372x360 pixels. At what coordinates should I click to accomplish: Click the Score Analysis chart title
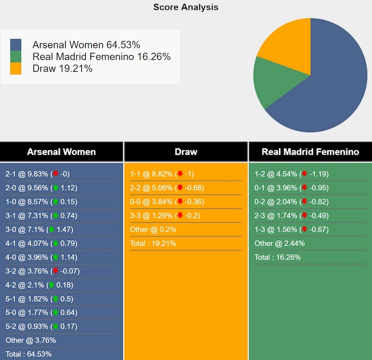click(185, 7)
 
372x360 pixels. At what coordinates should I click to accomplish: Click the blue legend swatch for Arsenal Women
click(16, 45)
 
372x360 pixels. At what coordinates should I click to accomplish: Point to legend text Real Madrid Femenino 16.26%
click(101, 57)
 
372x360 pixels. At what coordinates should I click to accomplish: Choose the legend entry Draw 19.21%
click(63, 69)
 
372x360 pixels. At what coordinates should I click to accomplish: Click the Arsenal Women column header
click(61, 152)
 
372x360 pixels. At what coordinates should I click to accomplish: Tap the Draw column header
click(186, 152)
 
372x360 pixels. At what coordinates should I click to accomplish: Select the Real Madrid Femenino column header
click(310, 152)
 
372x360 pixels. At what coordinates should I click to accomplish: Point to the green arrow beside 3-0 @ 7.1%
click(52, 229)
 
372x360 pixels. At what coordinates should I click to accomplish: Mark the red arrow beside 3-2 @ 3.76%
click(55, 271)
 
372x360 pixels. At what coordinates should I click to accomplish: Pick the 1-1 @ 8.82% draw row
click(162, 174)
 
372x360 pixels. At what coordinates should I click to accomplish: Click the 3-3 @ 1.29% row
click(162, 215)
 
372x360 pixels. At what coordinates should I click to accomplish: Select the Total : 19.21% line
click(153, 243)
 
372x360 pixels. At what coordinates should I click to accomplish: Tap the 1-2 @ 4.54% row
click(291, 174)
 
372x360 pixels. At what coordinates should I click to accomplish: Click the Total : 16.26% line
click(278, 257)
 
